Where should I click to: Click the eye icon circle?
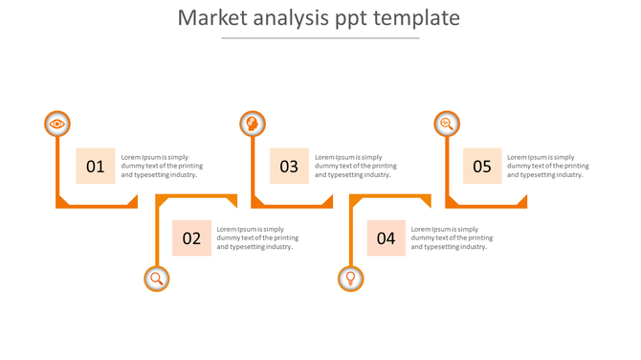click(x=57, y=124)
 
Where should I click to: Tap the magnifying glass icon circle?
click(x=157, y=279)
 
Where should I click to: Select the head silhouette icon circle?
click(x=253, y=124)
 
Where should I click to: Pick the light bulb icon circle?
click(x=351, y=279)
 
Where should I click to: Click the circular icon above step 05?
click(x=447, y=124)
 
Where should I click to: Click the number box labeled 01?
click(x=96, y=167)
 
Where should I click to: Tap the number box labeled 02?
click(x=191, y=238)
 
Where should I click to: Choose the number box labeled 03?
click(x=289, y=167)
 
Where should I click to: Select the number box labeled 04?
click(x=386, y=238)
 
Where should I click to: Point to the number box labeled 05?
click(x=482, y=167)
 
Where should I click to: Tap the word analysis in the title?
click(x=289, y=19)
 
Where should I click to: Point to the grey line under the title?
click(x=320, y=38)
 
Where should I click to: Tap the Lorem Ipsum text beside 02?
click(x=256, y=237)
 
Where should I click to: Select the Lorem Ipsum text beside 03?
click(x=355, y=166)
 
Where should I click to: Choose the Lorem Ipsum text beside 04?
click(x=452, y=237)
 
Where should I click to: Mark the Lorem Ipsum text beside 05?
click(x=547, y=166)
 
